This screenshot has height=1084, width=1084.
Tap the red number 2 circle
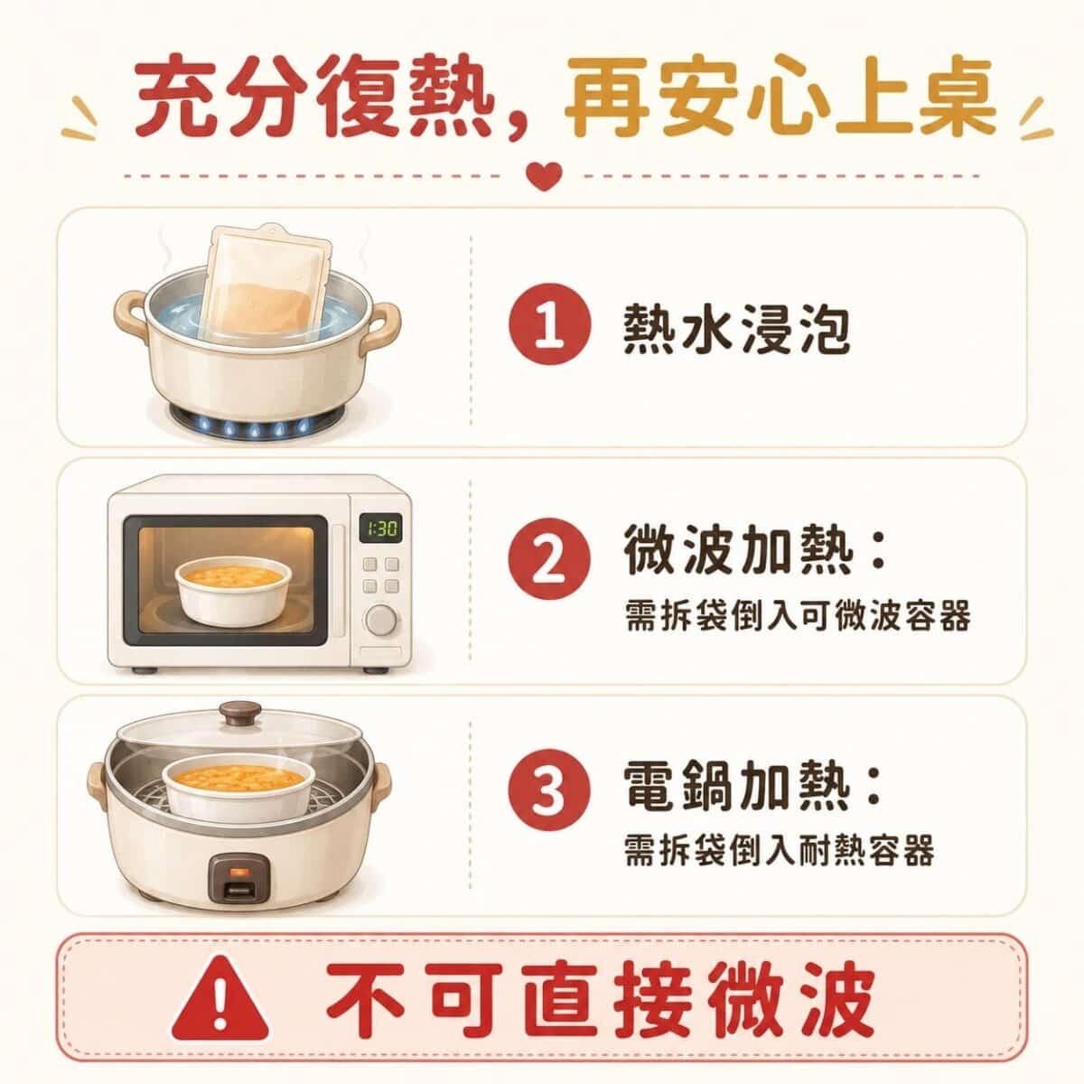550,560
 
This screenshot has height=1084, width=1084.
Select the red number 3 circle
550,790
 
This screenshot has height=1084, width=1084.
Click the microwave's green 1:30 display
382,528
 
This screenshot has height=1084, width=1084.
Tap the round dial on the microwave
382,621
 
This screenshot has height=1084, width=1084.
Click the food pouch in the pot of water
265,284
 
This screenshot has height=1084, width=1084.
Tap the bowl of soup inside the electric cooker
238,787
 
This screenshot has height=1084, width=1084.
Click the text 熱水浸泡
737,329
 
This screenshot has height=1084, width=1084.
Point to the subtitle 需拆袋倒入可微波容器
798,617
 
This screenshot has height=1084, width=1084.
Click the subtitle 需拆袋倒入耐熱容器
780,851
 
